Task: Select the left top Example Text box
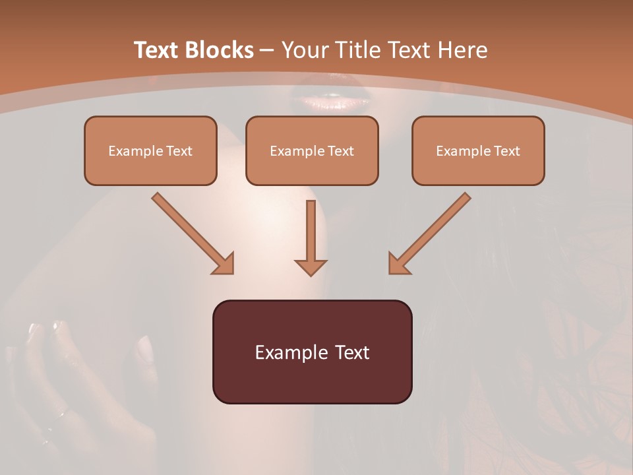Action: click(x=150, y=150)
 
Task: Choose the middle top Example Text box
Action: click(x=312, y=150)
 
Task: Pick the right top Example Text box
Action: click(x=478, y=150)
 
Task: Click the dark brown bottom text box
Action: click(x=312, y=352)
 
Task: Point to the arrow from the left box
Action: click(x=191, y=232)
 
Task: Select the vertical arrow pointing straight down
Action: click(x=311, y=237)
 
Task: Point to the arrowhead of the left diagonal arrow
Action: click(x=224, y=263)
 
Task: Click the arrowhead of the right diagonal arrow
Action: click(x=398, y=263)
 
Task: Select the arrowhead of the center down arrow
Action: click(x=311, y=267)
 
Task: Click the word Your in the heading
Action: click(x=304, y=50)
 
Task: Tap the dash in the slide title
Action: click(x=267, y=50)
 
